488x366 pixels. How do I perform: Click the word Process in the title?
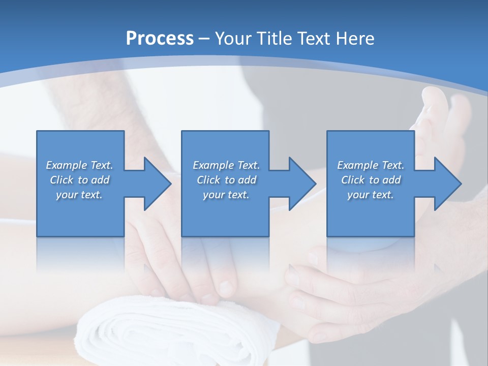(160, 38)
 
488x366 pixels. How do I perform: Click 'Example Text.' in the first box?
(79, 165)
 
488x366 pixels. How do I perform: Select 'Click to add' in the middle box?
(226, 180)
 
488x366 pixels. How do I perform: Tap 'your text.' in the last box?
(371, 195)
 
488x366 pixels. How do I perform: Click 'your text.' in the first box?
(79, 195)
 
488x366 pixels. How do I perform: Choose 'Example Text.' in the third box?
(371, 165)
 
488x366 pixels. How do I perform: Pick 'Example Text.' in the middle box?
(226, 165)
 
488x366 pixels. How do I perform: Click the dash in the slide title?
(204, 39)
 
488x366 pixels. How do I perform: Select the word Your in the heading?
(231, 38)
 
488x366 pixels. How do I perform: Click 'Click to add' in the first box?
(79, 180)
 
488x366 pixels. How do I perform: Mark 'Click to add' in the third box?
(371, 180)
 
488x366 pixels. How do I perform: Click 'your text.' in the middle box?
(226, 195)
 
